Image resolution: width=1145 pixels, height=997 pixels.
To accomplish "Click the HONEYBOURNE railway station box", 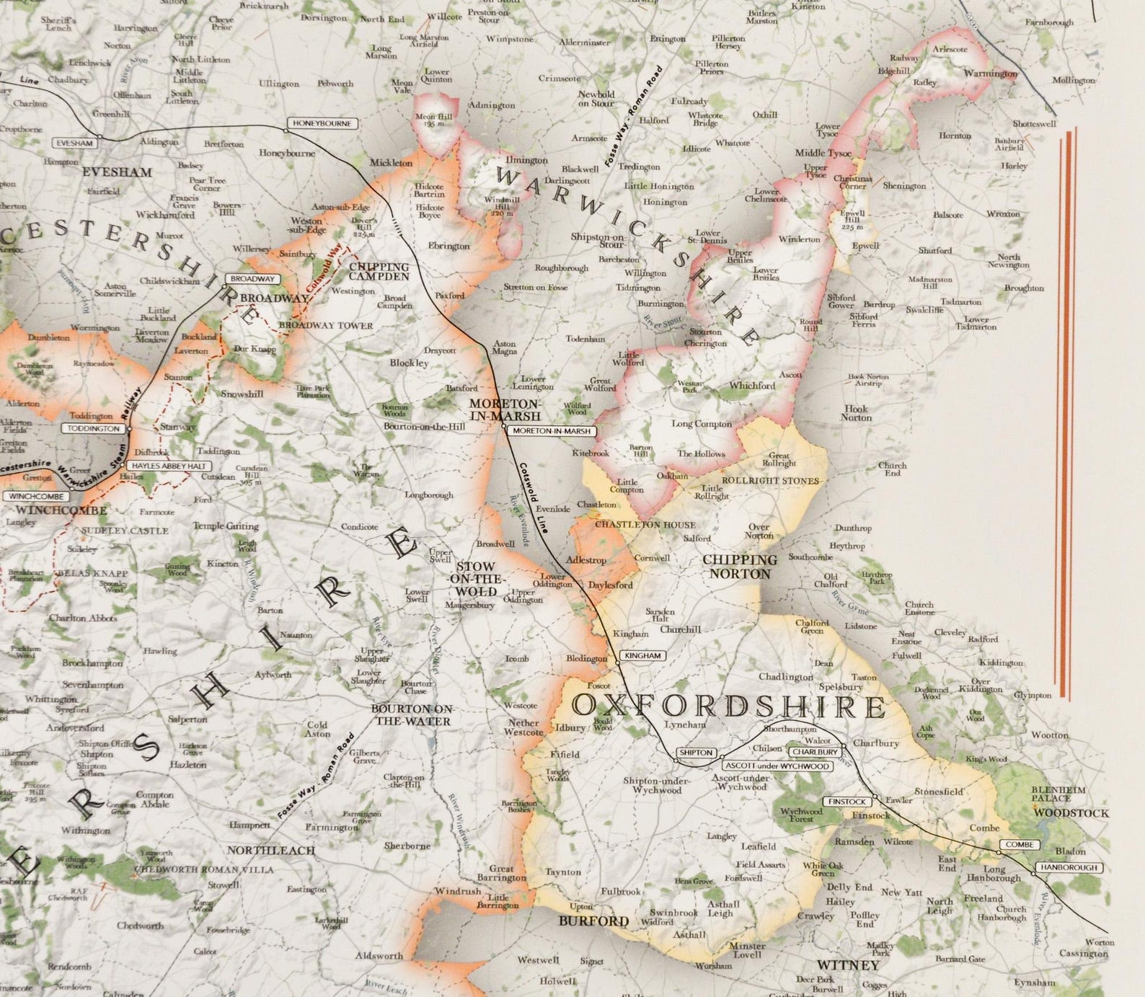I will [322, 123].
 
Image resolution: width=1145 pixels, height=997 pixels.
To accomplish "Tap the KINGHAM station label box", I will [642, 656].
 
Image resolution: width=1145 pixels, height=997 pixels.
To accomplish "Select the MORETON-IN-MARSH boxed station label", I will [552, 431].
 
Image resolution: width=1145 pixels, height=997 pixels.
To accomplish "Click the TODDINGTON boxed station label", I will [94, 428].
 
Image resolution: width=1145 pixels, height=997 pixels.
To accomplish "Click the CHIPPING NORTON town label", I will [740, 567].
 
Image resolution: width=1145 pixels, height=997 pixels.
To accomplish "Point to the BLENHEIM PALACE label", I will [1058, 794].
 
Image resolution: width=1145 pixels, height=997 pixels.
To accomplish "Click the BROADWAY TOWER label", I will [326, 325].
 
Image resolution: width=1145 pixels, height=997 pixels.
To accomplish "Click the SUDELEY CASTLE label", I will [125, 531].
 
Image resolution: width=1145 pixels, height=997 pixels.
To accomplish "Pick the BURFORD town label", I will [593, 921].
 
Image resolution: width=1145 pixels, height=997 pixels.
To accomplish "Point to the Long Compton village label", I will [702, 423].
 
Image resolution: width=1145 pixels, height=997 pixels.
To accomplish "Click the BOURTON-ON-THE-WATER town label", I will [411, 714].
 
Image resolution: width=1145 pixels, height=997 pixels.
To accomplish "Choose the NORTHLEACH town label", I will [272, 851].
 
